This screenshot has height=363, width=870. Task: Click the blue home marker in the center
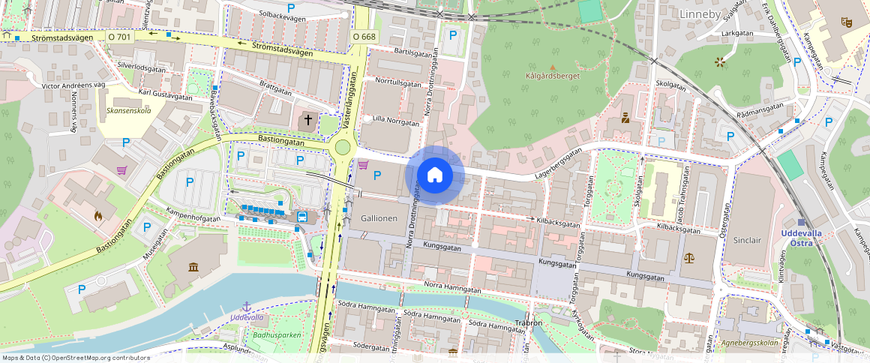[434, 175]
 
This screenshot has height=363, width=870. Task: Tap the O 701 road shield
[119, 36]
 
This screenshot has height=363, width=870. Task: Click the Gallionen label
[379, 218]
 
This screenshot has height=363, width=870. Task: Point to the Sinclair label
[747, 240]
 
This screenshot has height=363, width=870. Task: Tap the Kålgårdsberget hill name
[554, 76]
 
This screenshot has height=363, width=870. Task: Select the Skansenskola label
[129, 110]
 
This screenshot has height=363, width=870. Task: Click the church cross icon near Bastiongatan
[307, 120]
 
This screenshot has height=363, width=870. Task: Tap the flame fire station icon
[97, 216]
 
